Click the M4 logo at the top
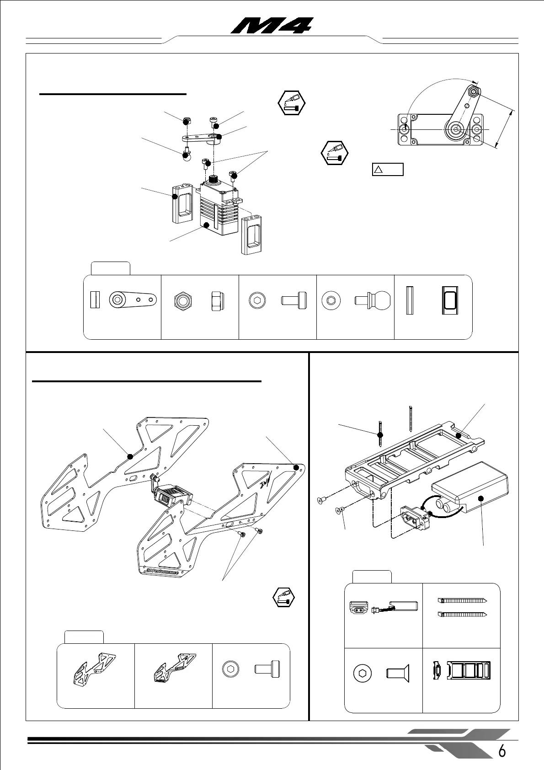pyautogui.click(x=272, y=26)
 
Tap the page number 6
pyautogui.click(x=502, y=751)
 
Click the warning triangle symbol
pyautogui.click(x=378, y=170)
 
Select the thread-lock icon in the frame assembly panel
pyautogui.click(x=283, y=596)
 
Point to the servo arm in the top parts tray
pyautogui.click(x=133, y=300)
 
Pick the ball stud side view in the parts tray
pyautogui.click(x=373, y=300)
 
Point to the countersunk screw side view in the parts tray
pyautogui.click(x=398, y=673)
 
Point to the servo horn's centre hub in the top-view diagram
pyautogui.click(x=456, y=129)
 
